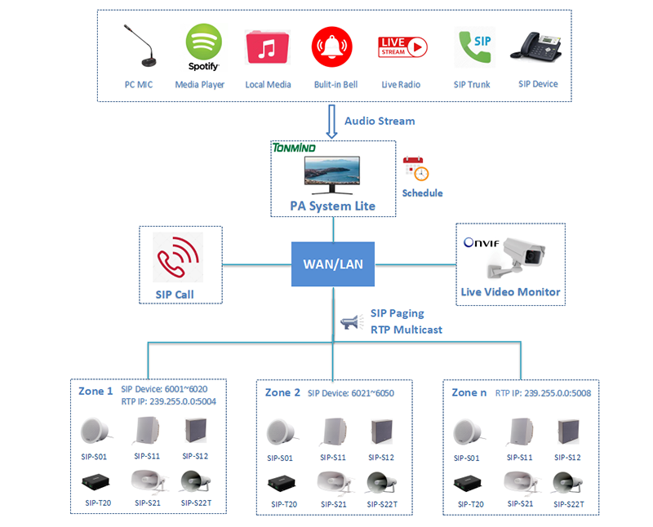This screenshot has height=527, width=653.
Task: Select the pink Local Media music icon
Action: (x=268, y=48)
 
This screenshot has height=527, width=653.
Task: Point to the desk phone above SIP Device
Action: (x=537, y=46)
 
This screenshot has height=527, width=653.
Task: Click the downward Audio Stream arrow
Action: (x=332, y=121)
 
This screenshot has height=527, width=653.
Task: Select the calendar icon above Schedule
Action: (x=416, y=169)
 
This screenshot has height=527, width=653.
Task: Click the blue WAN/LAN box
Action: (x=332, y=264)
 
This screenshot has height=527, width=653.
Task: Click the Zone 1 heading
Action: (x=96, y=391)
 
